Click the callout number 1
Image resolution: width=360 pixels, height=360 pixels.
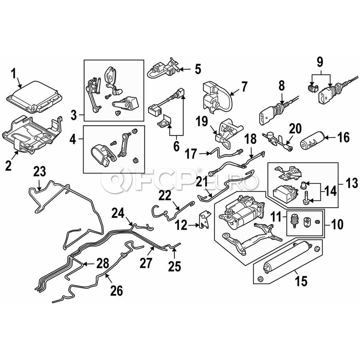point(13,74)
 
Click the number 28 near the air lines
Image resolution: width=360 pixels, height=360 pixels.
point(102,263)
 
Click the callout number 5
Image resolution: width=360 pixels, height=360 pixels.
point(198,69)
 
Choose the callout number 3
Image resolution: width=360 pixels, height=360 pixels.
point(74,116)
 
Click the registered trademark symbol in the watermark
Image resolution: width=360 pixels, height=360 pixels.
point(200,170)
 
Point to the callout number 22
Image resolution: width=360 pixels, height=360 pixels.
point(165,196)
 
